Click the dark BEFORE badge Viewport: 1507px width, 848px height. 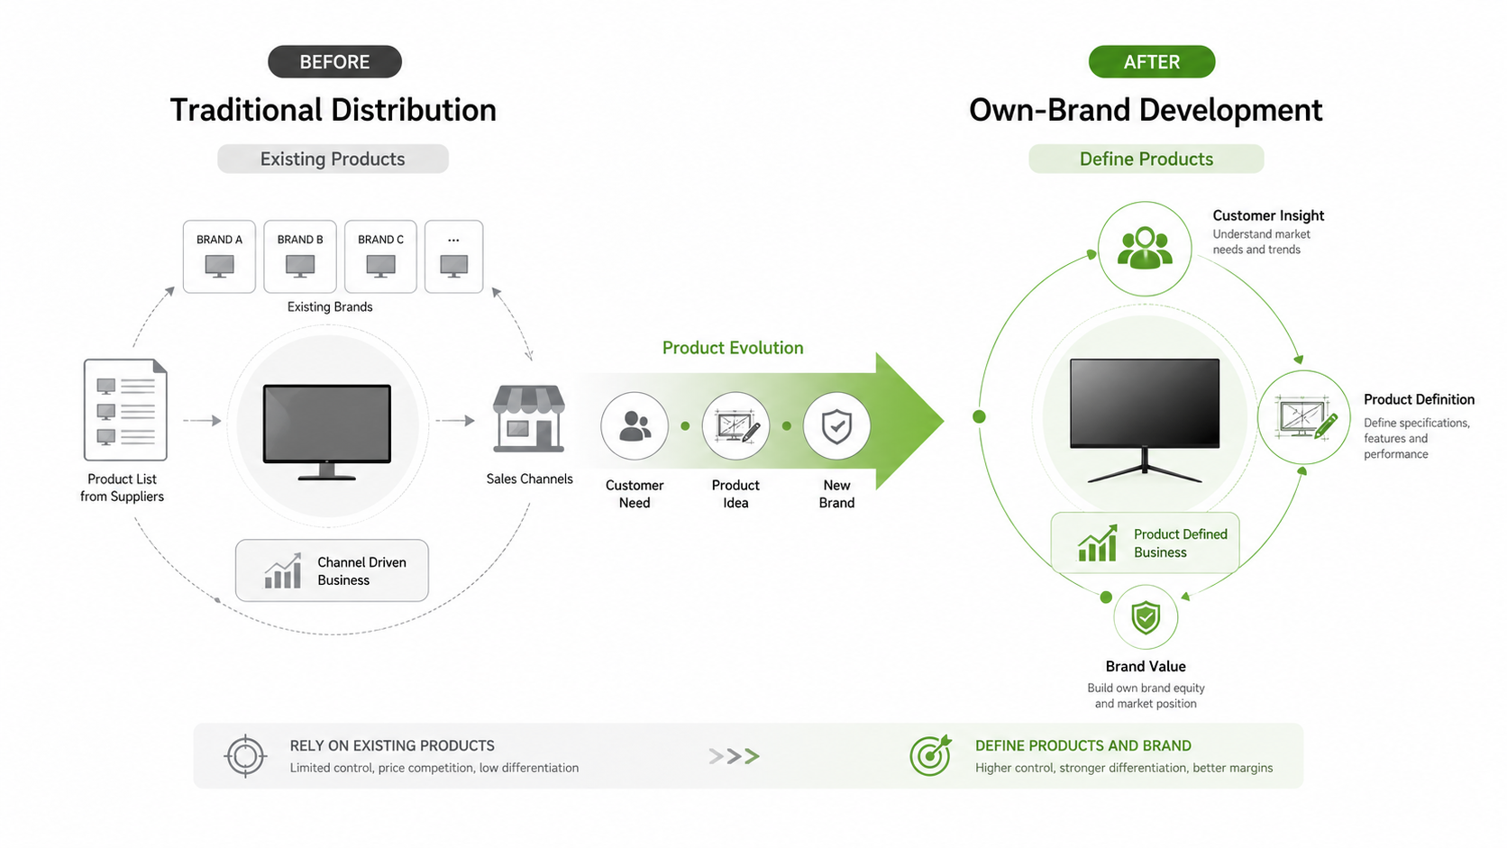point(334,62)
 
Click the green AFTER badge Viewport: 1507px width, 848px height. point(1152,62)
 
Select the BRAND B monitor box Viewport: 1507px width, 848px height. point(300,256)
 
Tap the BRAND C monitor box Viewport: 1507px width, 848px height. point(380,256)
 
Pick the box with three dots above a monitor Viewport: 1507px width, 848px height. point(454,256)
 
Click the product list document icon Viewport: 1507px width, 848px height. point(125,409)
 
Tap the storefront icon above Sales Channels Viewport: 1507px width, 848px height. point(529,418)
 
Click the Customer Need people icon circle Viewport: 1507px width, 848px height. point(635,426)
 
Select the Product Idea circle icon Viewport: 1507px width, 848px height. point(736,426)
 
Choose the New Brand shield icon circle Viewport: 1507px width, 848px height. point(837,426)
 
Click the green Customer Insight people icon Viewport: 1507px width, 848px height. point(1145,249)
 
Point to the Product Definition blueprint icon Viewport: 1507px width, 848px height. point(1304,417)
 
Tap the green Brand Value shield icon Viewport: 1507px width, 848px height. point(1146,617)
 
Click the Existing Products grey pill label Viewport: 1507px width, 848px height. point(333,159)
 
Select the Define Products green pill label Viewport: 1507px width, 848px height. point(1146,159)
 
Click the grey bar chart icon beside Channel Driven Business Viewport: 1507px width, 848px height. point(283,571)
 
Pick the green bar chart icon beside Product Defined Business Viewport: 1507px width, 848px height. point(1098,543)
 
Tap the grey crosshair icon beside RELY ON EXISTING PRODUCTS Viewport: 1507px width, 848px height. point(245,756)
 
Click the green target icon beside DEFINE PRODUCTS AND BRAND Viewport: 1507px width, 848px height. point(931,755)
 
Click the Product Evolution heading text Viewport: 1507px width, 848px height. point(733,348)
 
